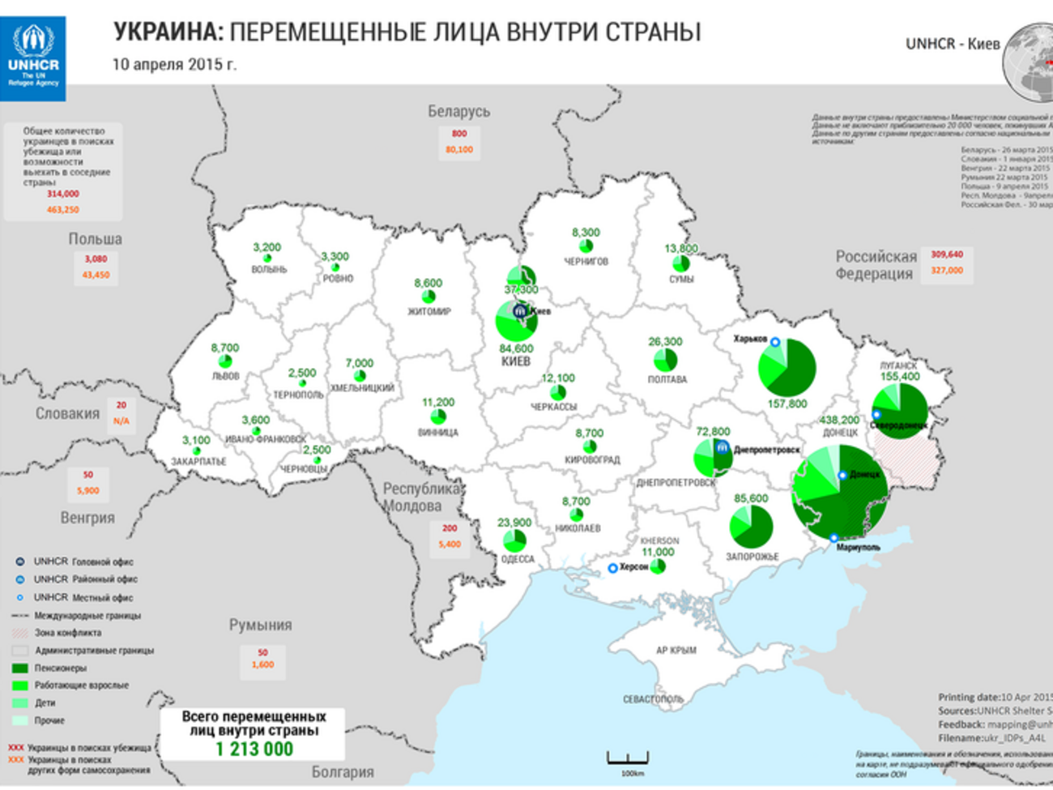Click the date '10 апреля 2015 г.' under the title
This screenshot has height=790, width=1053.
tap(174, 64)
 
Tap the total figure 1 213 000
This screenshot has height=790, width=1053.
tap(254, 749)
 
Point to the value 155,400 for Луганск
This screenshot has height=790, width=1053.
tap(899, 377)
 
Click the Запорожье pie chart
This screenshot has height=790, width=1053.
tap(751, 527)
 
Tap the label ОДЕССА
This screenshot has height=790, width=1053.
tap(518, 559)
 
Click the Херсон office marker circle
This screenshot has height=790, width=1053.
tap(613, 568)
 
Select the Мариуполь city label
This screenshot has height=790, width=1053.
tap(859, 548)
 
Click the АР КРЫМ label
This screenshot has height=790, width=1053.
tap(676, 650)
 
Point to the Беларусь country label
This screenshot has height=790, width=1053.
tap(458, 111)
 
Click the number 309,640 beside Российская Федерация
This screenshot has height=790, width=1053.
tap(946, 254)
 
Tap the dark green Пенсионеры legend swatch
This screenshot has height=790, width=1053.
tap(20, 668)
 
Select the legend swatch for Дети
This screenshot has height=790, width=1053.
tap(20, 703)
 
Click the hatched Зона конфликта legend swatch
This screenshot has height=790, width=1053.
tap(20, 633)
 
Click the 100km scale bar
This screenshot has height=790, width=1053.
tap(628, 760)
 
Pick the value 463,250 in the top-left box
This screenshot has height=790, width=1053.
tap(62, 209)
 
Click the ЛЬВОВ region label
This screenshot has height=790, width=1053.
tap(225, 376)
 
